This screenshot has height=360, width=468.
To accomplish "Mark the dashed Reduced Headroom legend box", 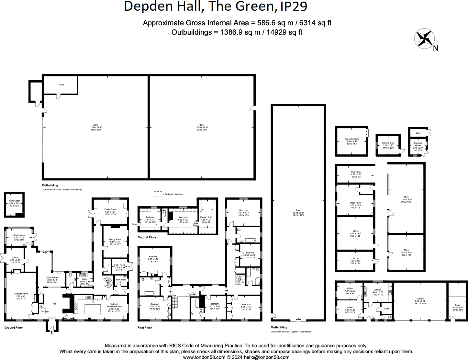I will click(158, 194).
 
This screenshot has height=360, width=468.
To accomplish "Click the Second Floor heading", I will click(147, 237).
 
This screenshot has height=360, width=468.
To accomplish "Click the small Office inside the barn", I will click(61, 84).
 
